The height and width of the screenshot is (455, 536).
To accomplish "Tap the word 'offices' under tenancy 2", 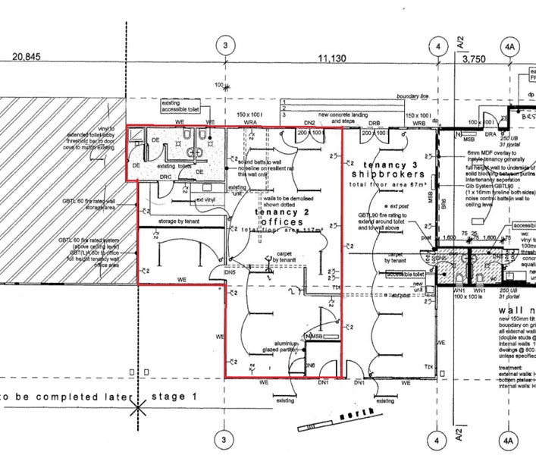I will coord(279,221).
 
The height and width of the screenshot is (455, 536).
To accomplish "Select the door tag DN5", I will coord(229,271).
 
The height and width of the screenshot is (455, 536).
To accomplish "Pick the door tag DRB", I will coord(374,122).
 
